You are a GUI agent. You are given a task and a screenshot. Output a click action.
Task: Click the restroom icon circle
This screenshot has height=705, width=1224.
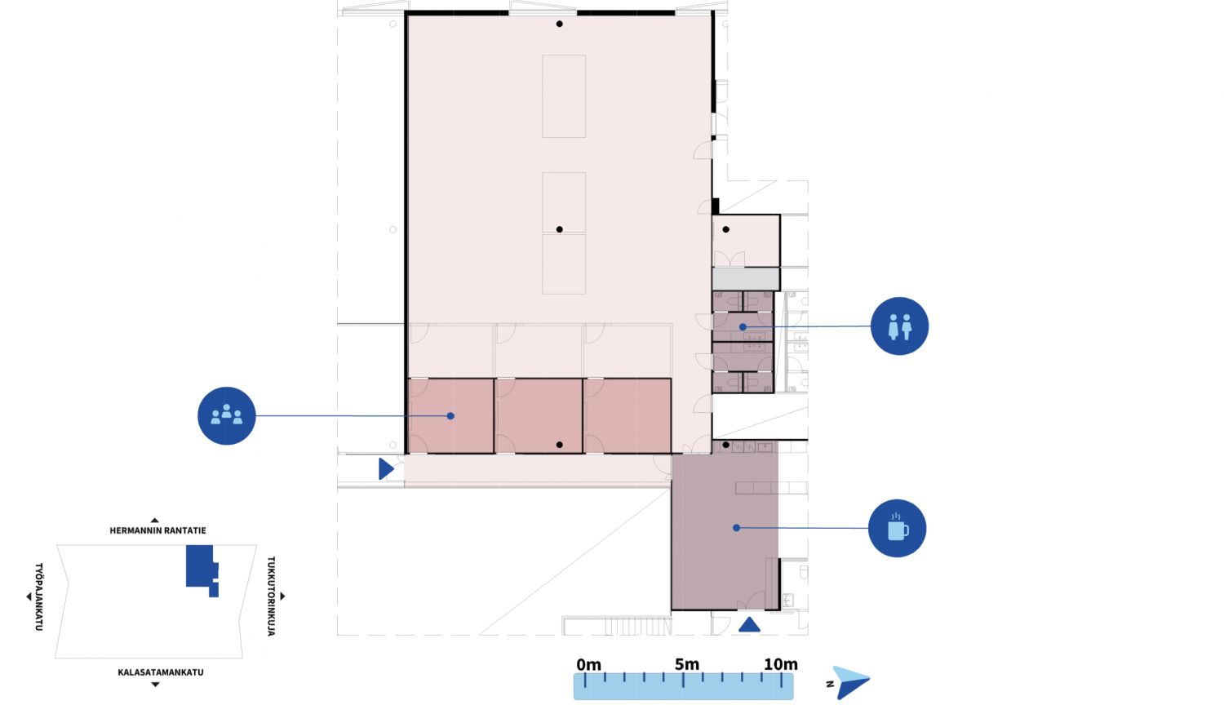coord(899,326)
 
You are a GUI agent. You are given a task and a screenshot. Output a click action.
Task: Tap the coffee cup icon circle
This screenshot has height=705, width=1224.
coord(898,528)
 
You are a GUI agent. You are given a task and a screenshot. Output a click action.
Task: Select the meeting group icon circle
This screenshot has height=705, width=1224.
coord(227,416)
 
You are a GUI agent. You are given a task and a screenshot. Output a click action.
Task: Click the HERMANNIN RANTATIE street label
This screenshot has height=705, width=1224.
coord(158,530)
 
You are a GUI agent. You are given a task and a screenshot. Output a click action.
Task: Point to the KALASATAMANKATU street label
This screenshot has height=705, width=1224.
coord(161,672)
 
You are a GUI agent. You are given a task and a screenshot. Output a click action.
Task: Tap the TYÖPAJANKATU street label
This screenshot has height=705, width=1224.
coord(39,596)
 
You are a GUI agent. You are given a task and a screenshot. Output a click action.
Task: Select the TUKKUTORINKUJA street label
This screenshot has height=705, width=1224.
coord(271,596)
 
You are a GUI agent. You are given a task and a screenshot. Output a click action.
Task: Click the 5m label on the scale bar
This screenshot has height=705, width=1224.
coord(687,664)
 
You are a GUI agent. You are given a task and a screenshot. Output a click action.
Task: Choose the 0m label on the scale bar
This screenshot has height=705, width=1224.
coord(588,664)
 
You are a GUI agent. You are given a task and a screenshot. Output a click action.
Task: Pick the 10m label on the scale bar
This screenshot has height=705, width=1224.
coord(781,664)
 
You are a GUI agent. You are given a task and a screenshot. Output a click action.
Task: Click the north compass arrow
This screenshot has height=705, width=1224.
coord(850,682)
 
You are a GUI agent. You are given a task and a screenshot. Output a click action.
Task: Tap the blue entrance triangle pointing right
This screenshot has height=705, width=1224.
coord(386,469)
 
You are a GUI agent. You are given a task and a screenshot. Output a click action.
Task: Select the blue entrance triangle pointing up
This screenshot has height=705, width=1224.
coord(749,625)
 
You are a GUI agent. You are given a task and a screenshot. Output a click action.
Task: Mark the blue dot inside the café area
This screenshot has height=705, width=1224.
coord(737,528)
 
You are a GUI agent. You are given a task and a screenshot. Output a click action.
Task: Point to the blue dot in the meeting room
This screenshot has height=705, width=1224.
coord(450,416)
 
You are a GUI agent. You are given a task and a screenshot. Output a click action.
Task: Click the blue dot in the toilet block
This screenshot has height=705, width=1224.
coord(743,327)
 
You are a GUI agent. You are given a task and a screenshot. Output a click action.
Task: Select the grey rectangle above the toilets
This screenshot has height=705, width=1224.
coord(746,279)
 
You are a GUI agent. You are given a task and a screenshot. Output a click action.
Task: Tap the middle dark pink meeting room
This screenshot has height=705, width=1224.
coord(539,416)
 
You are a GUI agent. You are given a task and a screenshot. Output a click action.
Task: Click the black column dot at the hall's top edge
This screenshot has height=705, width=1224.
coord(560,24)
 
